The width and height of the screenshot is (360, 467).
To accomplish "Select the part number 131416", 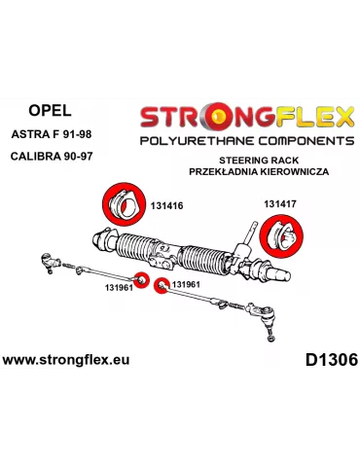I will click(168, 206).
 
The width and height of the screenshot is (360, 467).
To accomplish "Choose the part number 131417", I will click(282, 203).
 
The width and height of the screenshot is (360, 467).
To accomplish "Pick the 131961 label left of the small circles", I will click(119, 288).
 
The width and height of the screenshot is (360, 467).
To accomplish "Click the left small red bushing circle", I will click(141, 280).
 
